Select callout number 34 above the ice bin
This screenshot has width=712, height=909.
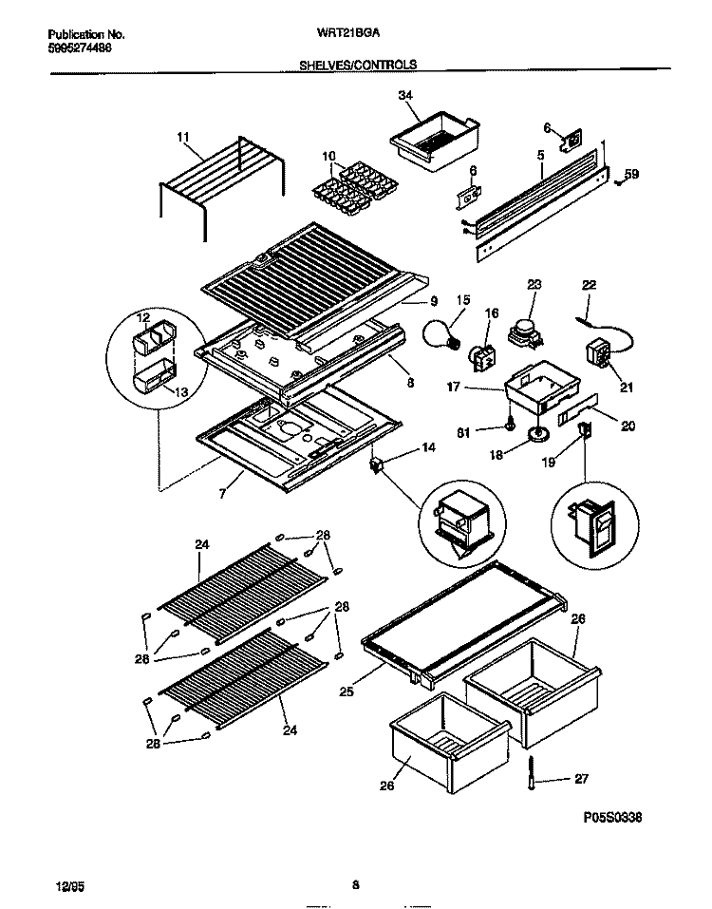click(x=406, y=94)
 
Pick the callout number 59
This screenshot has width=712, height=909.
click(x=632, y=174)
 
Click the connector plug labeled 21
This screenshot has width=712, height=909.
click(x=601, y=352)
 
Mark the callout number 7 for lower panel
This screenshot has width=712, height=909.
click(x=221, y=496)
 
